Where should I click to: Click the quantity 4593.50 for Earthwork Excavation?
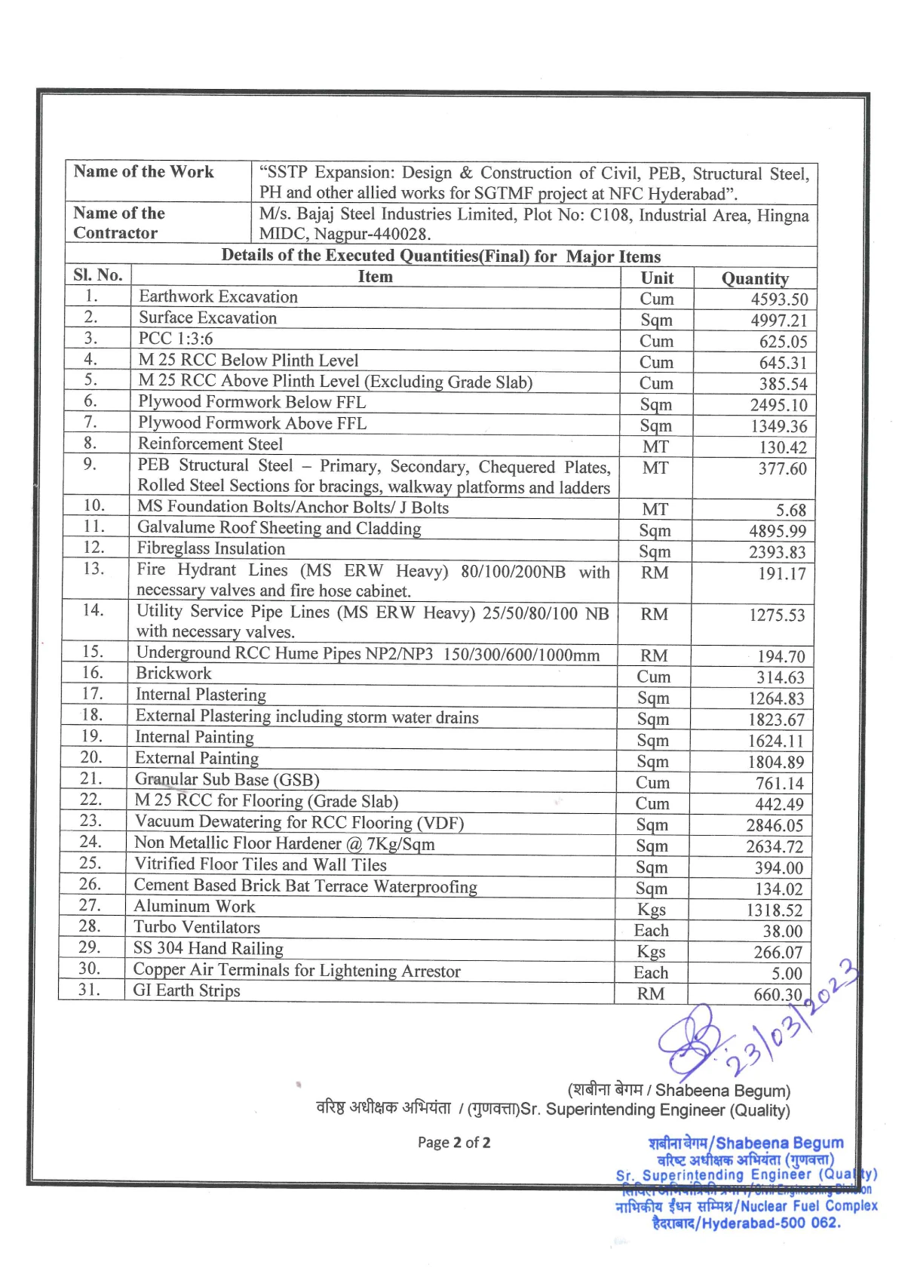click(x=778, y=299)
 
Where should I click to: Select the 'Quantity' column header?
click(x=754, y=279)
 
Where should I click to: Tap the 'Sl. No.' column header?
click(x=98, y=275)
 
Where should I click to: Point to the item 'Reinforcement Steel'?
click(x=210, y=444)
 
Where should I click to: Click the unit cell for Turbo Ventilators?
click(x=651, y=931)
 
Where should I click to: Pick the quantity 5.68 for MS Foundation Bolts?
click(x=790, y=511)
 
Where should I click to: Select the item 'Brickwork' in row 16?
click(x=173, y=674)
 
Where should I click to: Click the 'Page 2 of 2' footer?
click(x=454, y=1143)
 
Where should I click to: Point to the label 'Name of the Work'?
click(x=143, y=172)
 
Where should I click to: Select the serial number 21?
click(x=90, y=778)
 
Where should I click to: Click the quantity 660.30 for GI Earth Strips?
click(x=778, y=995)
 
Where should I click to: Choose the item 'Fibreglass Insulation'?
click(x=211, y=549)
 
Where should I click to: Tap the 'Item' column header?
click(x=375, y=277)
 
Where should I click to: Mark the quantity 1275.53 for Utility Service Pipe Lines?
click(x=777, y=615)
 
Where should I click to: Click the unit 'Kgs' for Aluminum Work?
click(x=651, y=910)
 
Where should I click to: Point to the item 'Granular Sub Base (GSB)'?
click(x=227, y=780)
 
